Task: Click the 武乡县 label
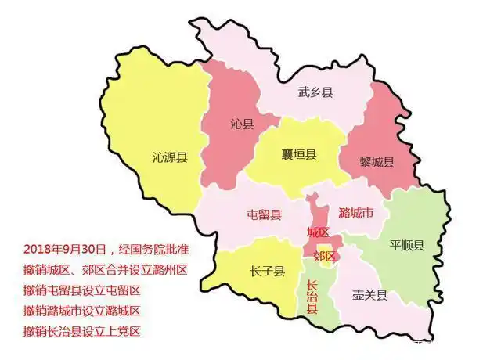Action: (x=316, y=93)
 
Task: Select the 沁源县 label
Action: (x=170, y=157)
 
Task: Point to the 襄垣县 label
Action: (x=299, y=154)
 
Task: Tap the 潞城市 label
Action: (x=355, y=213)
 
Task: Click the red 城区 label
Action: (x=318, y=232)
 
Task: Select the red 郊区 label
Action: (x=323, y=256)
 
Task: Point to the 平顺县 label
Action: (x=407, y=245)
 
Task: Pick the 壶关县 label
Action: (x=370, y=295)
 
